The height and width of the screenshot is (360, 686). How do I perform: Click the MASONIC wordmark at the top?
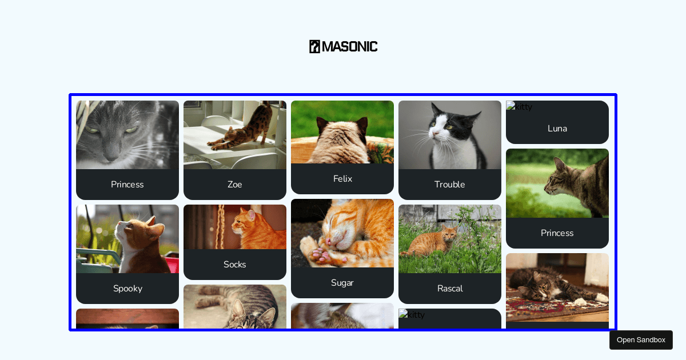349,46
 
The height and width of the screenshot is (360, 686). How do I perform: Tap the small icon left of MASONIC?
314,46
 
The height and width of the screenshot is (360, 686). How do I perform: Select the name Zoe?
235,185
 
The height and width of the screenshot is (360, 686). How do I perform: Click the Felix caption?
342,179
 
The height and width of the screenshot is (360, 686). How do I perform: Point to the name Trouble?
450,185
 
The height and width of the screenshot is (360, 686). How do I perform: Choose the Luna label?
557,129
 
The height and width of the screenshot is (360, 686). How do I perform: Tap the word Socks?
235,265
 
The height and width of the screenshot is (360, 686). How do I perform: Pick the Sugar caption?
342,283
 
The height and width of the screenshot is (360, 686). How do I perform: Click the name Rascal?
450,289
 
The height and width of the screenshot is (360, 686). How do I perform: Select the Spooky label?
127,289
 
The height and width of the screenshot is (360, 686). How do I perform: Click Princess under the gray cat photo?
127,185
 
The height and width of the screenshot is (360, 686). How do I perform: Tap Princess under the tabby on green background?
557,233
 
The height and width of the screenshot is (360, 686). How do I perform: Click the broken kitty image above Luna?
519,106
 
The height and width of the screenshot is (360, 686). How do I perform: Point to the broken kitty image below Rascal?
412,314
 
